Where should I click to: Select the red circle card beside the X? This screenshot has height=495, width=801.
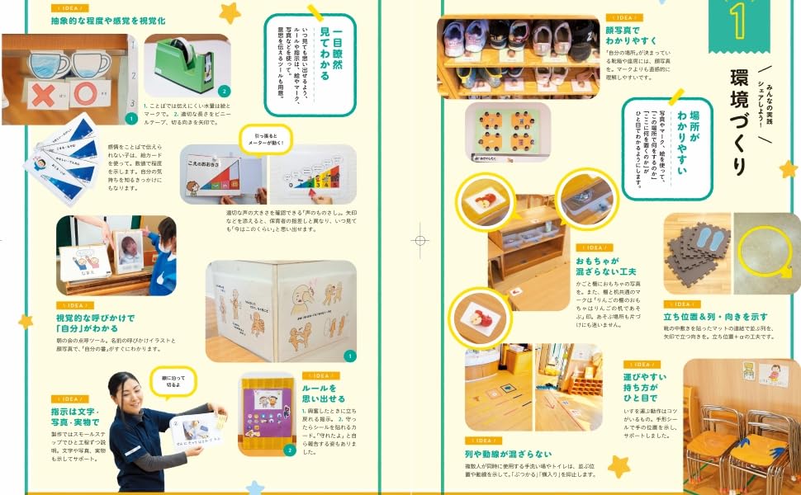pyautogui.click(x=85, y=94)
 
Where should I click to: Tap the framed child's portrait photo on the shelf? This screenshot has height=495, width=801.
pyautogui.click(x=127, y=252)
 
